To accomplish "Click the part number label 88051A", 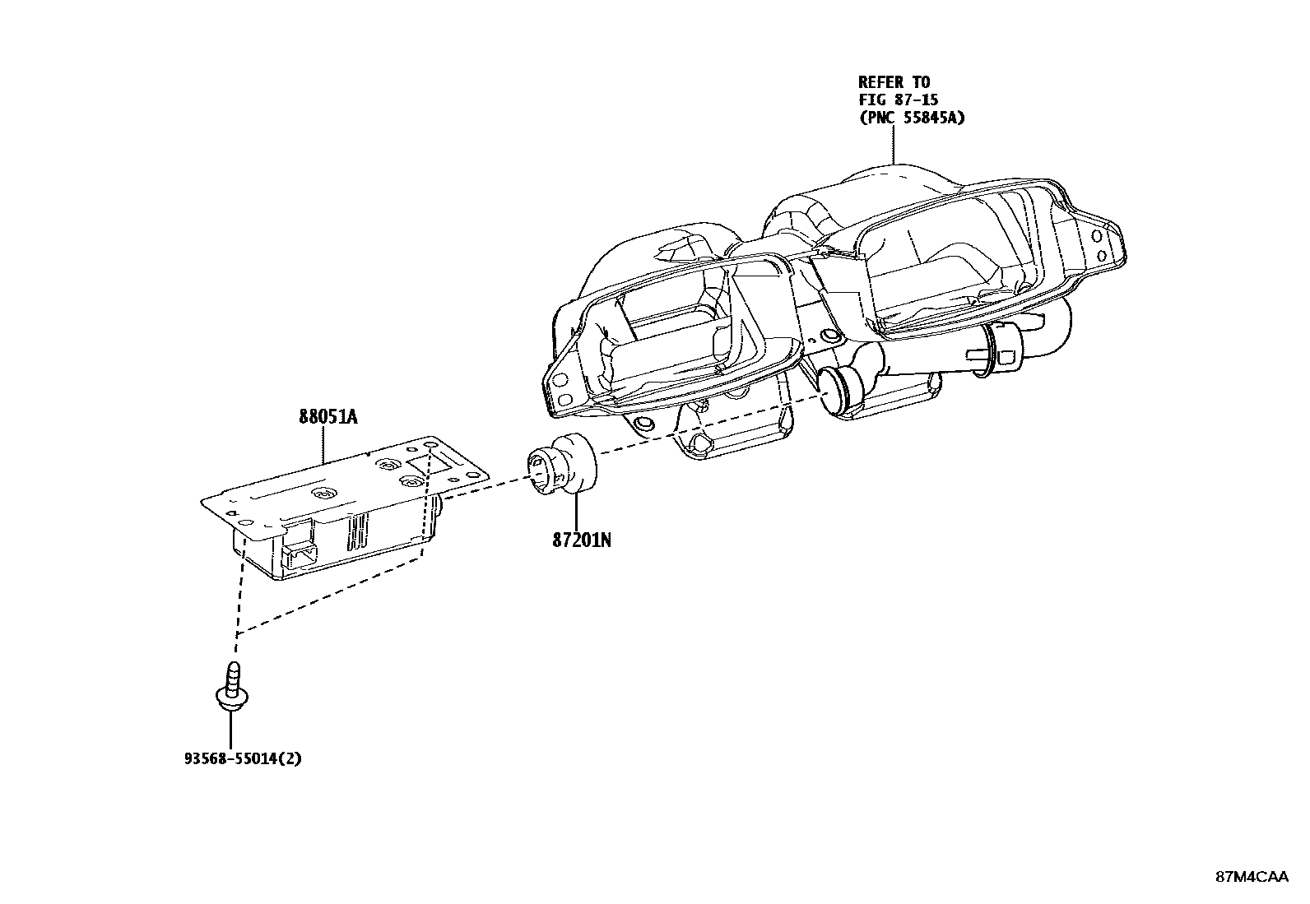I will [x=327, y=417].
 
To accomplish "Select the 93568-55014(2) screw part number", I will [x=242, y=758].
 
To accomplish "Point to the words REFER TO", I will [x=894, y=82].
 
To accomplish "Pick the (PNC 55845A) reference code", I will [x=912, y=118].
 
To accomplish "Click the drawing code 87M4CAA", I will [x=1251, y=877].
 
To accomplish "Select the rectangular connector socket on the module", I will [x=299, y=555].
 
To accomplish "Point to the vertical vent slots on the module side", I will [x=359, y=533].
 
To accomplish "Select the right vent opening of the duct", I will [x=955, y=263].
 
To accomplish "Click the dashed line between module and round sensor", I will [x=485, y=493].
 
